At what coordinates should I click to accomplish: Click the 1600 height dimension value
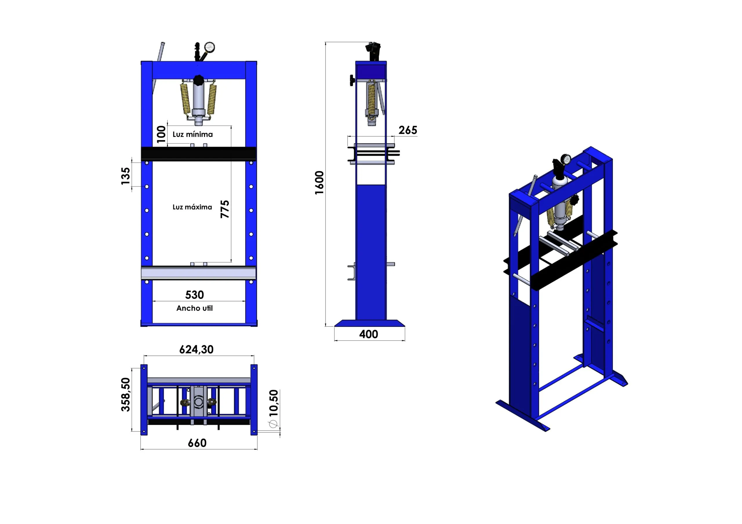click(319, 183)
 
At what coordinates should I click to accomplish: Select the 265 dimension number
click(408, 130)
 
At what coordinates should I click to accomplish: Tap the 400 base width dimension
click(368, 334)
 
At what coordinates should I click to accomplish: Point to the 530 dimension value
click(194, 295)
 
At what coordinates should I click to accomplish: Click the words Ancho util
click(194, 308)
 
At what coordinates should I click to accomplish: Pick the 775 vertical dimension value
click(225, 209)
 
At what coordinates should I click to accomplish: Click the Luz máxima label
click(192, 207)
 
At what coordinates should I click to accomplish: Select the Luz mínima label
click(193, 134)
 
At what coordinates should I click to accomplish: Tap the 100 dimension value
click(161, 134)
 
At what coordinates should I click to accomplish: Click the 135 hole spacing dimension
click(126, 176)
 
